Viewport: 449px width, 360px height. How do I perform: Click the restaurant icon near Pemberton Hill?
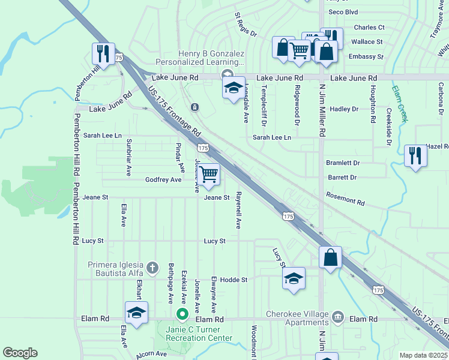pos(103,53)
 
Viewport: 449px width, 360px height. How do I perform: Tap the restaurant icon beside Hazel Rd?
pos(415,155)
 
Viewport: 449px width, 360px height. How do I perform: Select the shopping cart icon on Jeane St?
pos(208,174)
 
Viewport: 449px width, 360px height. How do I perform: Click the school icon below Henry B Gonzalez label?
pos(234,88)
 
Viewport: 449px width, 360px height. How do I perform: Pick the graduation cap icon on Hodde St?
pos(294,278)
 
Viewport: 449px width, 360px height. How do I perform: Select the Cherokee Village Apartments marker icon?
pos(337,316)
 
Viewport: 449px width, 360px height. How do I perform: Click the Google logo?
pos(20,353)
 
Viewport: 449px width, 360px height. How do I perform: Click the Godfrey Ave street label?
pos(163,179)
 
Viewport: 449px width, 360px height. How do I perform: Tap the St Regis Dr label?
pos(245,24)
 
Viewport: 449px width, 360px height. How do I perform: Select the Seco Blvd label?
pos(343,11)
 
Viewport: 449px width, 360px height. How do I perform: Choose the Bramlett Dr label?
pos(343,163)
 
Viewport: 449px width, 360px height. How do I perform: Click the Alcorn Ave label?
pos(151,354)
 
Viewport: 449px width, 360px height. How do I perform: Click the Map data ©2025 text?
pos(423,355)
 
